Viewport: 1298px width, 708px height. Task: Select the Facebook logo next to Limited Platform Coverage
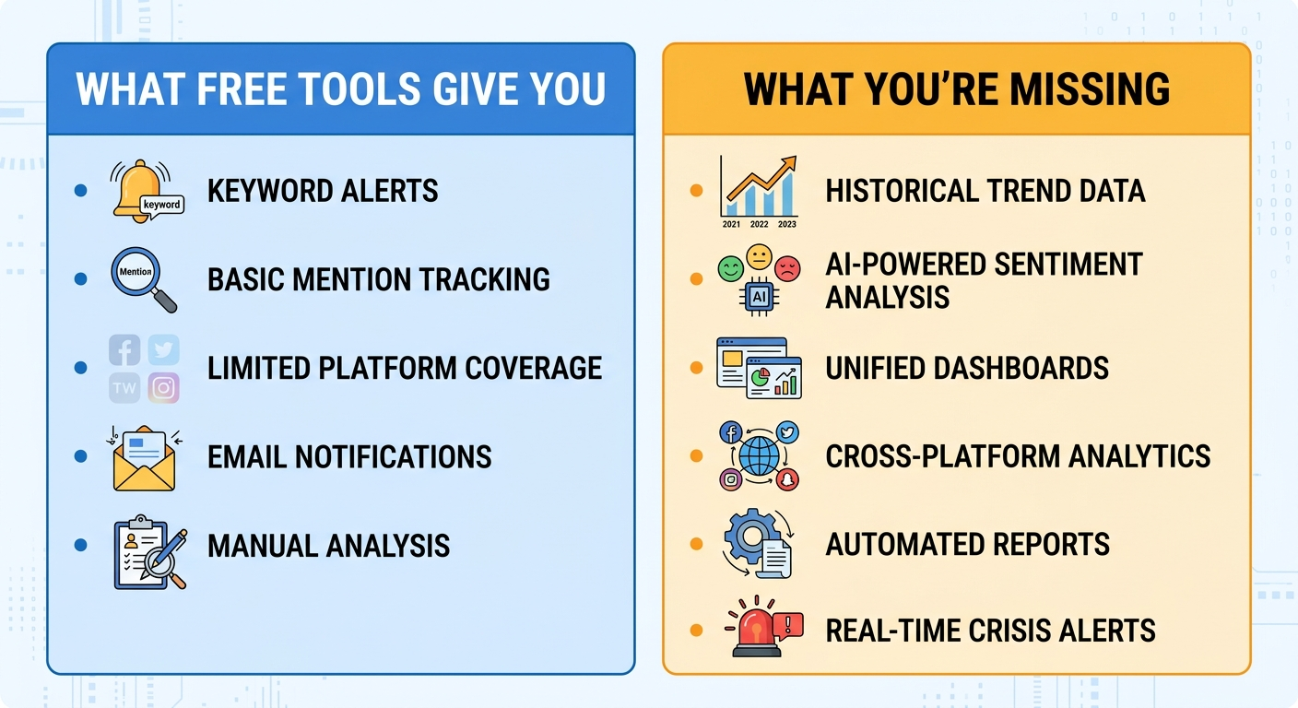point(124,350)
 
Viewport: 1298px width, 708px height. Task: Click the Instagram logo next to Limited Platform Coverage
point(163,388)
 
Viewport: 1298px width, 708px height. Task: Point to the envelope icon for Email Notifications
point(143,457)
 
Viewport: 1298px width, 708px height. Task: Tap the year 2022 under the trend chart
point(759,223)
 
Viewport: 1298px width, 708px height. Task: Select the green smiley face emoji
point(730,268)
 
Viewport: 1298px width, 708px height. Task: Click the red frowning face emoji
point(787,268)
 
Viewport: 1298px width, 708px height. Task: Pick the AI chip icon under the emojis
point(759,296)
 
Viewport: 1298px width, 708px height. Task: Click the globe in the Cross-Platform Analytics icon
point(759,456)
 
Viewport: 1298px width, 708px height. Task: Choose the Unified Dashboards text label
point(967,368)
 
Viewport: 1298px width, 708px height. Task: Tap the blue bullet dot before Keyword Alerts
point(81,191)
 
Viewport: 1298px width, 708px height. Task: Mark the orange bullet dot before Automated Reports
point(696,544)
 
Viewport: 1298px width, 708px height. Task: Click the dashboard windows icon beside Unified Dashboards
point(759,368)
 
